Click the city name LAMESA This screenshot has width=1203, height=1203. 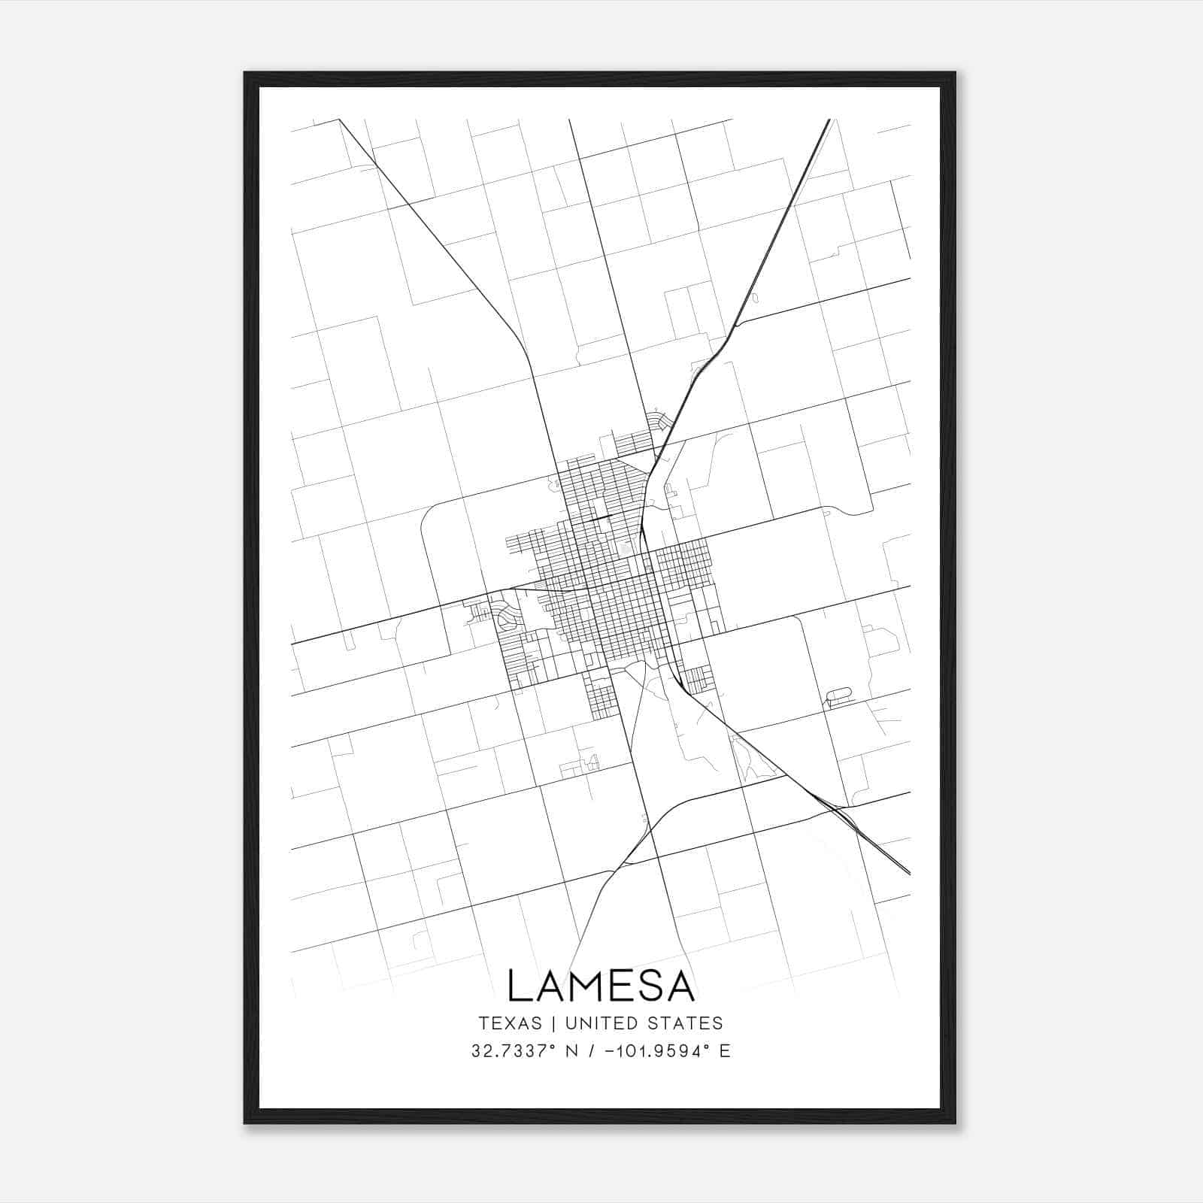click(601, 986)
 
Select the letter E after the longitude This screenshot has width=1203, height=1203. click(725, 1051)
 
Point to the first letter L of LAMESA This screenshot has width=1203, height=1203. click(518, 986)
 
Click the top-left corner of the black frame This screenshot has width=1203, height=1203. click(246, 74)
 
